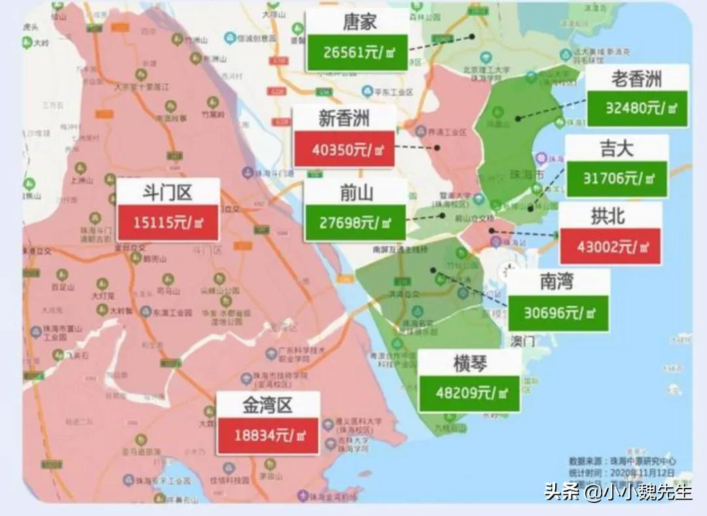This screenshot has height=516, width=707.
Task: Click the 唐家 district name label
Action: [359, 23]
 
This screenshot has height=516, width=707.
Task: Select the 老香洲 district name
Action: [636, 79]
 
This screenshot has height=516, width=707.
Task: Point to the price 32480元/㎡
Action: [637, 108]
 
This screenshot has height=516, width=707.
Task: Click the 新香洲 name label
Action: [344, 119]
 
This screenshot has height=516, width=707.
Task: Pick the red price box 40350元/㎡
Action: [344, 149]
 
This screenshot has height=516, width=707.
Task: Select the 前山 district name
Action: [356, 193]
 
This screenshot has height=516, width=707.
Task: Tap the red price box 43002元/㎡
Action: [609, 247]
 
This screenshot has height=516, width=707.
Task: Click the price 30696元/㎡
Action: [558, 312]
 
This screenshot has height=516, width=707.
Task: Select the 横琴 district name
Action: [469, 363]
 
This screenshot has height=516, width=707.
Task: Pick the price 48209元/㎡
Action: [469, 393]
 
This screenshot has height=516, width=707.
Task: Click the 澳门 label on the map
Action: [522, 341]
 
